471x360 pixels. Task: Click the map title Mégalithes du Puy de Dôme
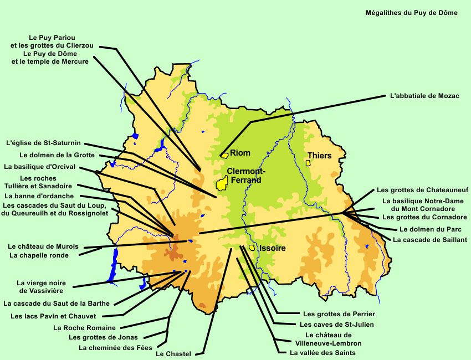click(x=412, y=13)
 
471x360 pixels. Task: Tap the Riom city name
click(x=240, y=153)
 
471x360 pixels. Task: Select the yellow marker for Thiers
click(x=308, y=163)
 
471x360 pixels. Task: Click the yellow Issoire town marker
click(x=252, y=248)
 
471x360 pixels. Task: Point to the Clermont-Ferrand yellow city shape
click(x=223, y=183)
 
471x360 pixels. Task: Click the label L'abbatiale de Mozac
click(x=424, y=96)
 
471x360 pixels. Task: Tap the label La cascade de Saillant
click(x=430, y=240)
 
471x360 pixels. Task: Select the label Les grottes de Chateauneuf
click(x=422, y=190)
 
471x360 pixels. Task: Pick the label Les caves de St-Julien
click(x=336, y=325)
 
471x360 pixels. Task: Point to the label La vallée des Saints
click(x=322, y=353)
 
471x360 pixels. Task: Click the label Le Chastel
click(x=173, y=353)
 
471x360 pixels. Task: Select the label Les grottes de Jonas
click(x=103, y=337)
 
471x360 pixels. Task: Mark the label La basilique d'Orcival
click(x=39, y=166)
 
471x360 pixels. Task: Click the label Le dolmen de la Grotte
click(x=57, y=155)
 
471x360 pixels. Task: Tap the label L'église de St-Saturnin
click(x=47, y=143)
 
